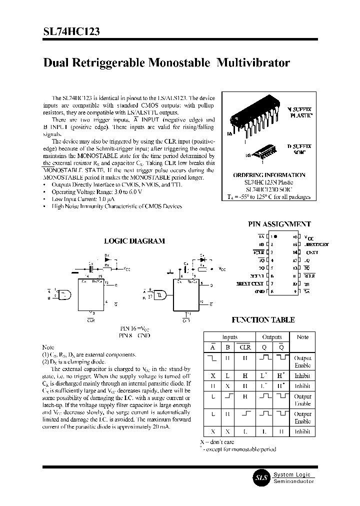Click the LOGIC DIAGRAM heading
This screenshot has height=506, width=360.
[x=134, y=241]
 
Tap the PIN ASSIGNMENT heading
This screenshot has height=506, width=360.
[x=279, y=224]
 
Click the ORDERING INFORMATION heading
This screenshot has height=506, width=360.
[x=269, y=175]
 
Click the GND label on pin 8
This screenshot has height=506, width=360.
[x=258, y=291]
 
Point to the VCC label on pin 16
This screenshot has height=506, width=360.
[x=310, y=237]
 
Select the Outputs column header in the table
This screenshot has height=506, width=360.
[x=272, y=337]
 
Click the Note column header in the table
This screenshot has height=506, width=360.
[x=302, y=337]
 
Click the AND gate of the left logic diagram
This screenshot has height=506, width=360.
[x=65, y=295]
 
